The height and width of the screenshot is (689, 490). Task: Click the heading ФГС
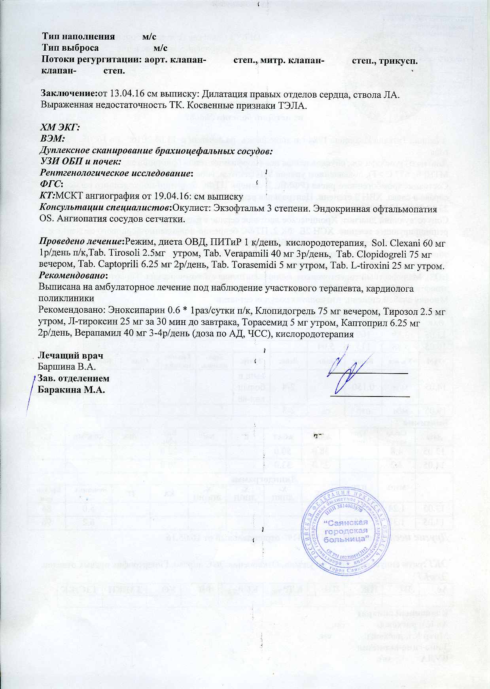pyautogui.click(x=51, y=184)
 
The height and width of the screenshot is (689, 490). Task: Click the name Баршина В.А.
pyautogui.click(x=67, y=367)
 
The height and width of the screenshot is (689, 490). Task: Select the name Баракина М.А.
pyautogui.click(x=71, y=389)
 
